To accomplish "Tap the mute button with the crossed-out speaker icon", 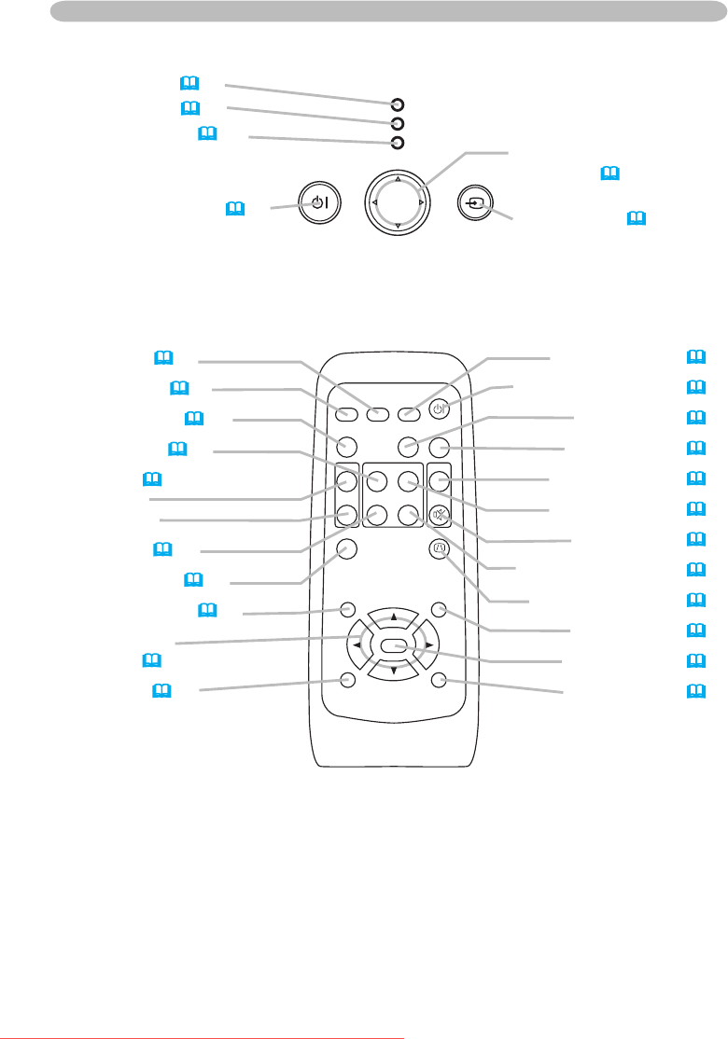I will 440,514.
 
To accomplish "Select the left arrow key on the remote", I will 357,644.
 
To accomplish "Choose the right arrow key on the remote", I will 427,644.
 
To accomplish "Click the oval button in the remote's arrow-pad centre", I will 392,644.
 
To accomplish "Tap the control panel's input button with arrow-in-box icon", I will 475,202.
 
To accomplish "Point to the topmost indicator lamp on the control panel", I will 397,104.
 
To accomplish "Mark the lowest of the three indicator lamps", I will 397,143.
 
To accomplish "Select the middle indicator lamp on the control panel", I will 397,123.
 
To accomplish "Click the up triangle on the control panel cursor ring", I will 398,177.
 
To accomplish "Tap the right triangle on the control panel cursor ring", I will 422,202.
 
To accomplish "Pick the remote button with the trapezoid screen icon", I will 440,549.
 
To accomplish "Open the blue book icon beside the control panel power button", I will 233,211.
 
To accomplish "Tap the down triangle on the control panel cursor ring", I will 398,227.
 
